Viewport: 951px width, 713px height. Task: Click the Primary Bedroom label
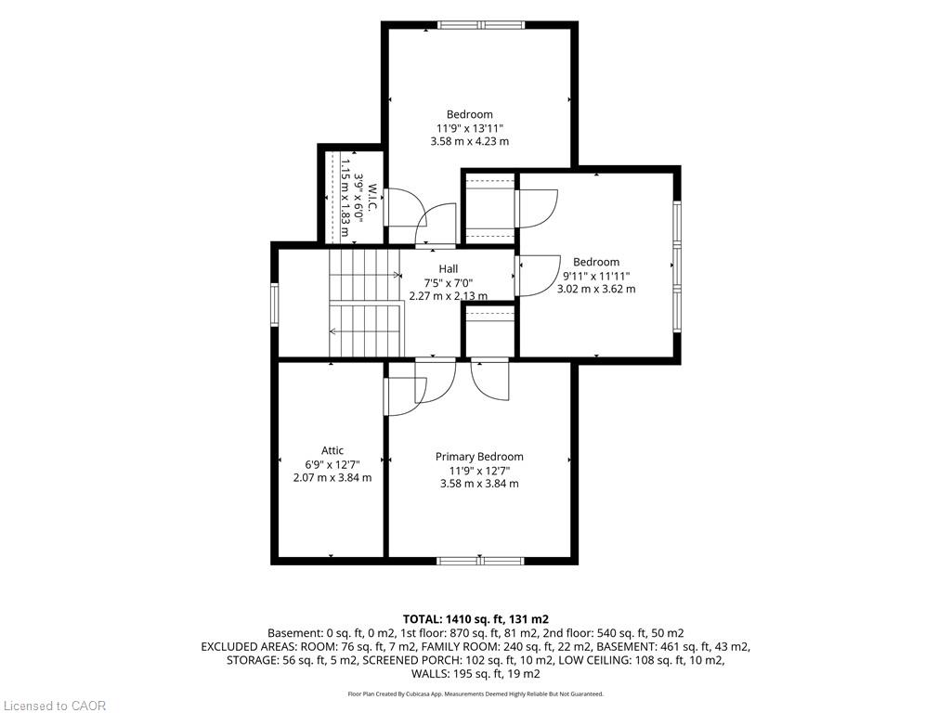pyautogui.click(x=479, y=457)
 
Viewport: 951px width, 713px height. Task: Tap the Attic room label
pyautogui.click(x=332, y=450)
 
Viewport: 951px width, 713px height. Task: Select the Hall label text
pyautogui.click(x=449, y=268)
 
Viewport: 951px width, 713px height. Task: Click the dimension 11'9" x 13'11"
pyautogui.click(x=469, y=128)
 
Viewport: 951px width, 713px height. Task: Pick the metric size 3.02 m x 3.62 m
pyautogui.click(x=596, y=289)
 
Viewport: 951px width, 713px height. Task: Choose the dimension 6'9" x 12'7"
pyautogui.click(x=332, y=464)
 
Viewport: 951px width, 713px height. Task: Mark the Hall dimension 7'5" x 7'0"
pyautogui.click(x=449, y=282)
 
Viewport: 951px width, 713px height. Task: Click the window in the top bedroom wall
pyautogui.click(x=482, y=25)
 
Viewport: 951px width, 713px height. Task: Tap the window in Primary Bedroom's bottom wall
pyautogui.click(x=480, y=561)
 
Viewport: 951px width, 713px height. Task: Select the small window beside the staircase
pyautogui.click(x=274, y=305)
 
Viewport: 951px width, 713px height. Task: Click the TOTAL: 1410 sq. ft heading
pyautogui.click(x=475, y=619)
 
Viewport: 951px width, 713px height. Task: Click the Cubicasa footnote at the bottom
pyautogui.click(x=475, y=694)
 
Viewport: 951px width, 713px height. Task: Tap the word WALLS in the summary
pyautogui.click(x=430, y=674)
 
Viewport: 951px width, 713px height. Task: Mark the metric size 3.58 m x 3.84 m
pyautogui.click(x=479, y=484)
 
